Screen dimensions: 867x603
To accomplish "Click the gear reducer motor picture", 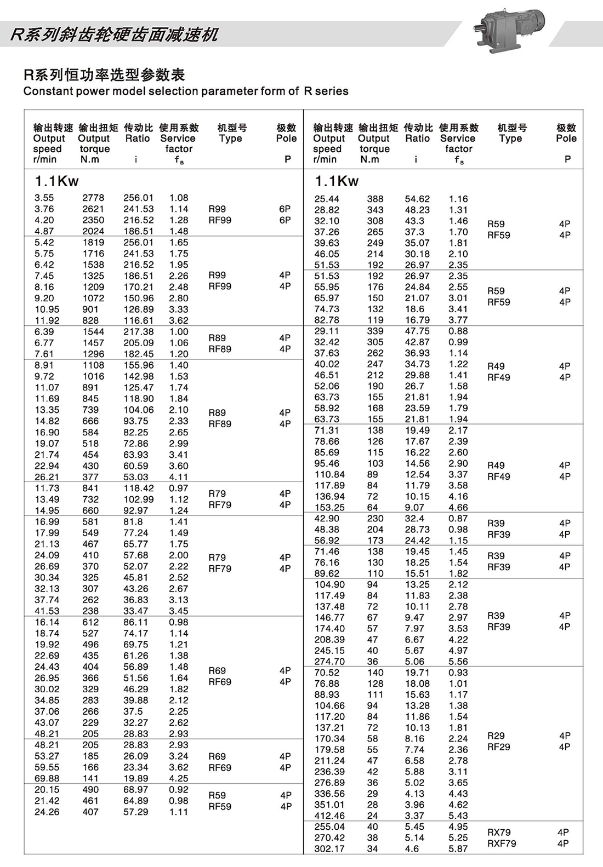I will pos(513,30).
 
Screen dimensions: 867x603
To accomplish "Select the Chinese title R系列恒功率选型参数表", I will pos(104,74).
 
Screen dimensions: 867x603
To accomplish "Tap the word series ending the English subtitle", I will pos(332,91).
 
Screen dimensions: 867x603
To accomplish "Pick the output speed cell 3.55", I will pos(44,198).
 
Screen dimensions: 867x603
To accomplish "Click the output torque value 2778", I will pos(93,198).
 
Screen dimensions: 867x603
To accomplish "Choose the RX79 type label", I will pos(499,832).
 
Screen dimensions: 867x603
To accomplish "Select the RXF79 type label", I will pos(502,843).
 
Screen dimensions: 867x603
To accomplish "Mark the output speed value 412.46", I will pos(329,816).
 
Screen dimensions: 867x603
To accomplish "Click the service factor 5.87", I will pos(458,848).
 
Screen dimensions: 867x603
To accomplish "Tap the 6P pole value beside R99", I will pos(285,209).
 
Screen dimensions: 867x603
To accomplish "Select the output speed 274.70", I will pos(329,661).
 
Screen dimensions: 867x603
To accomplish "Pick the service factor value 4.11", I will pos(179,477).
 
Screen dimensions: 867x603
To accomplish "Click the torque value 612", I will pos(90,622).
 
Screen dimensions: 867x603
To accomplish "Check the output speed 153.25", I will pos(329,507).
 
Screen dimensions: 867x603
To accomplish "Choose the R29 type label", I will pos(496,736).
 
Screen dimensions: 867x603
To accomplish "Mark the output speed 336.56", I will pos(329,794).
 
